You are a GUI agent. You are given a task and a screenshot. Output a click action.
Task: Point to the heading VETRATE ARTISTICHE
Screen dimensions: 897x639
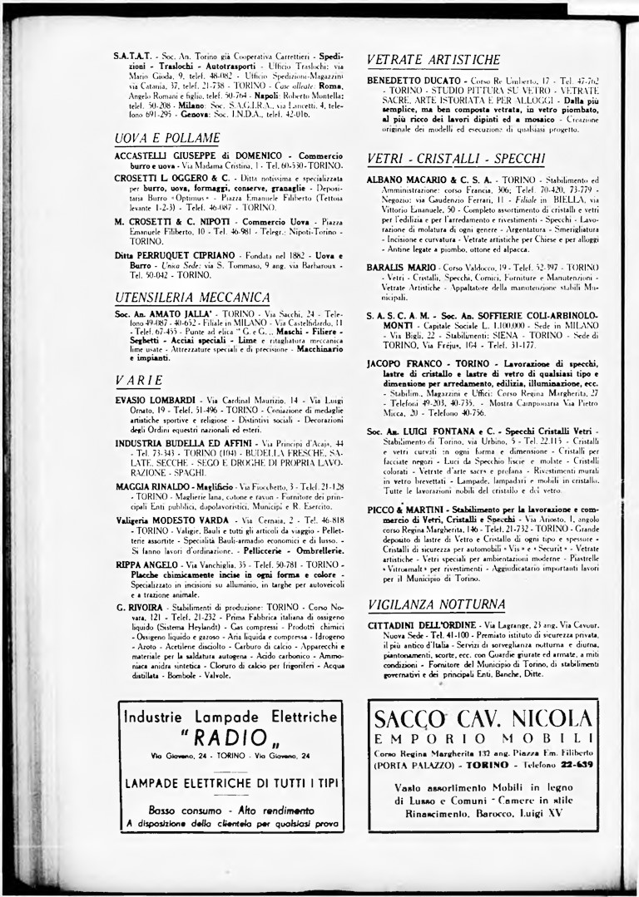433,60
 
